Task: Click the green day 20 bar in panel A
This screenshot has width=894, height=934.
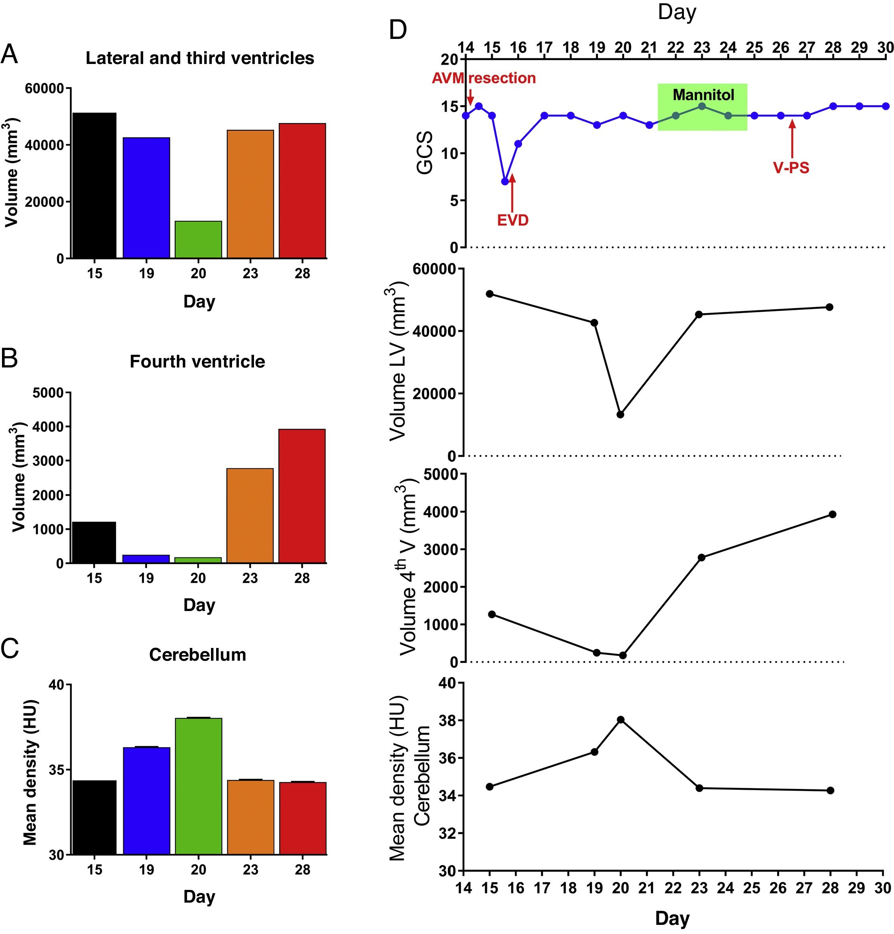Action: click(198, 239)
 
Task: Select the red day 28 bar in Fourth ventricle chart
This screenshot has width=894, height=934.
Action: click(302, 495)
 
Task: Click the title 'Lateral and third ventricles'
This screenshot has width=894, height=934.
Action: click(200, 58)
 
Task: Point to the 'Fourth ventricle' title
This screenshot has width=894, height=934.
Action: click(197, 362)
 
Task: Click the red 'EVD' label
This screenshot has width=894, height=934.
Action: click(513, 220)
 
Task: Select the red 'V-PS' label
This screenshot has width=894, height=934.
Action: click(791, 168)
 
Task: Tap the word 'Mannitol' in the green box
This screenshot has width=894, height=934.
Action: click(703, 95)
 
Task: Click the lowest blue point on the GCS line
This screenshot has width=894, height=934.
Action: click(505, 182)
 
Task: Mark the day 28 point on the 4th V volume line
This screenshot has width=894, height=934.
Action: click(832, 514)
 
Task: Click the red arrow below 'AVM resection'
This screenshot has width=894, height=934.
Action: click(470, 96)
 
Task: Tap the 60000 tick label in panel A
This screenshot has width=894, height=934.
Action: click(45, 89)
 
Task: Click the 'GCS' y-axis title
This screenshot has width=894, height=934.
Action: click(425, 153)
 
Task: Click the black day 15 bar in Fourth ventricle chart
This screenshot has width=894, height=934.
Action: click(94, 542)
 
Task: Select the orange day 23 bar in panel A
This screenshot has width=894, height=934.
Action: click(250, 194)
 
